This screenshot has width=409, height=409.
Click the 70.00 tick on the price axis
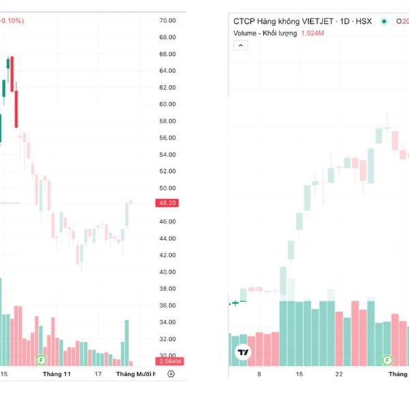[168, 20]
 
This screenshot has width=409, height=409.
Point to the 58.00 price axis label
[168, 121]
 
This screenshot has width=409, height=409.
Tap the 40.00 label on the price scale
[168, 272]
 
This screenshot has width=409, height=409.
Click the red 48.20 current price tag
[168, 203]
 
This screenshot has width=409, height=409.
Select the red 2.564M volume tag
[168, 361]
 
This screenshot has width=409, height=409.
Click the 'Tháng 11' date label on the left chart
[57, 374]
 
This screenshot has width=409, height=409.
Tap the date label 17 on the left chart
[99, 374]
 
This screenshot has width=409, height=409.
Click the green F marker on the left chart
[42, 359]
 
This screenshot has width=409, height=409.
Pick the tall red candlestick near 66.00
[13, 74]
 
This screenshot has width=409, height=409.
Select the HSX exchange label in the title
[365, 21]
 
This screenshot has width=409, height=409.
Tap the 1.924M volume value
[313, 33]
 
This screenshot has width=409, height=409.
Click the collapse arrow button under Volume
[241, 46]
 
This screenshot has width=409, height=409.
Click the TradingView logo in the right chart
[242, 352]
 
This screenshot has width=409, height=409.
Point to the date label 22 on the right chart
[339, 374]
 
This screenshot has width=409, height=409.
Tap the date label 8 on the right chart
[258, 374]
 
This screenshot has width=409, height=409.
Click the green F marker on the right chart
[388, 359]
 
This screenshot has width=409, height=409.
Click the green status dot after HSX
[384, 21]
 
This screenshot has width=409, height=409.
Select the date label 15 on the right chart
[299, 374]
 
